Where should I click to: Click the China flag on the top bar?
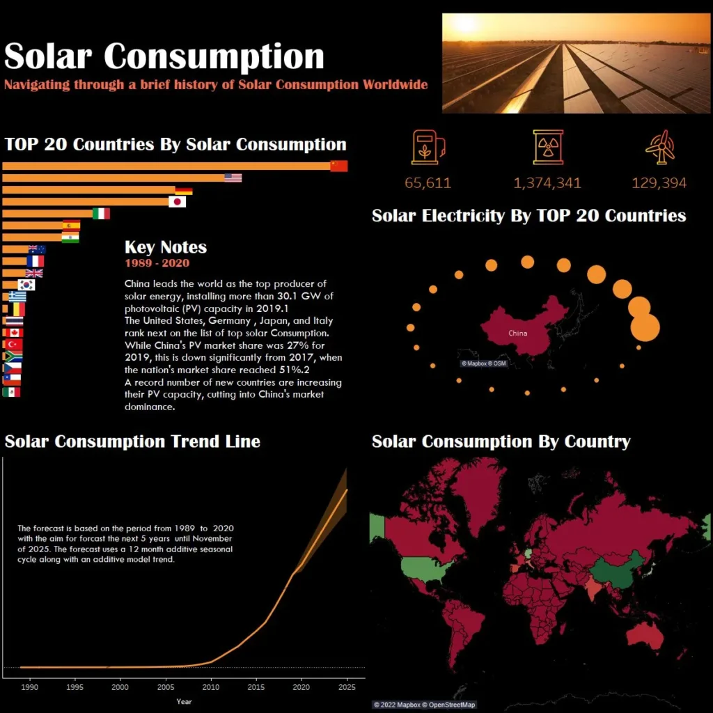click(338, 166)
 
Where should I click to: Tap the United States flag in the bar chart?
click(233, 178)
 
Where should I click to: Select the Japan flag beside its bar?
click(178, 202)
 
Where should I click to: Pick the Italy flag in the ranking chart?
click(102, 214)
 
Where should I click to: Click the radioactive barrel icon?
click(548, 147)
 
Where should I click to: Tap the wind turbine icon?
click(659, 147)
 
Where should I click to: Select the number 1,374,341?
click(547, 183)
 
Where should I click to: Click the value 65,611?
click(428, 183)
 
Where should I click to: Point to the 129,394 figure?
click(659, 183)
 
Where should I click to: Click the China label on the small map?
click(517, 333)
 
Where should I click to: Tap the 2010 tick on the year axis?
click(210, 687)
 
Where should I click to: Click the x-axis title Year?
click(184, 701)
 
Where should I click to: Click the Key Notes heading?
click(166, 247)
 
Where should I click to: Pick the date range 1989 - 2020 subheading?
click(157, 263)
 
